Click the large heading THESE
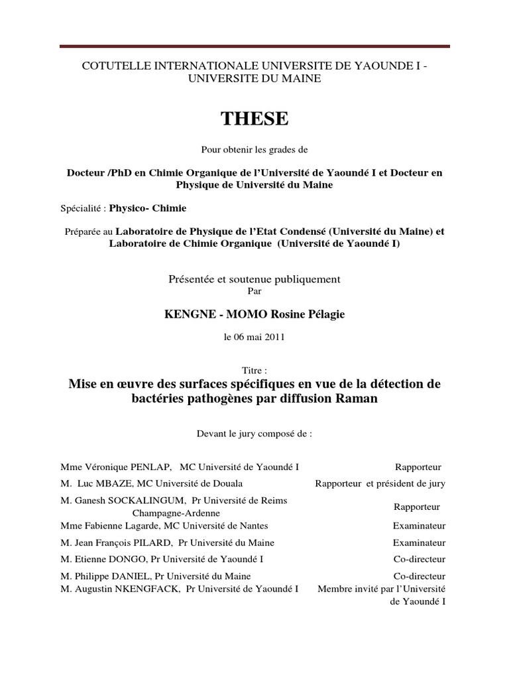pos(254,119)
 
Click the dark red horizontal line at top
pos(254,46)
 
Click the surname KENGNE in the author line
pos(186,314)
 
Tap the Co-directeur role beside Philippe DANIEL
pos(420,576)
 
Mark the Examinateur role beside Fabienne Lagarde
pos(419,526)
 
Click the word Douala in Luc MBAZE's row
pos(227,484)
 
